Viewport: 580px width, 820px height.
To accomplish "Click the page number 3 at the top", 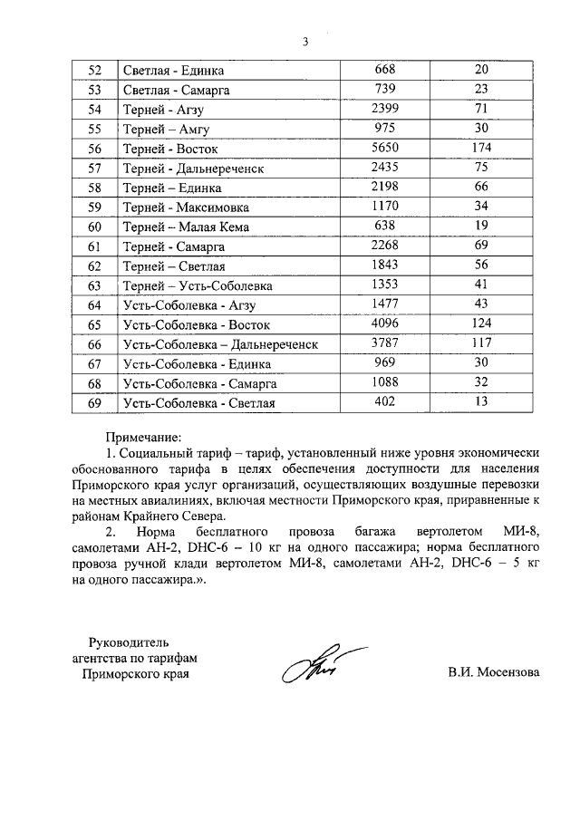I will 305,41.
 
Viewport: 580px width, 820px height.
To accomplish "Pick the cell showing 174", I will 481,148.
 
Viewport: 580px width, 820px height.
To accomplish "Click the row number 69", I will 95,402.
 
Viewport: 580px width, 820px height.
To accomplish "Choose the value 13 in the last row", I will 481,401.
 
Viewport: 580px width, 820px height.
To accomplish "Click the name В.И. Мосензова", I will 493,673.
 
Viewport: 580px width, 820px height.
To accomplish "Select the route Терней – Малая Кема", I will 186,227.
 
